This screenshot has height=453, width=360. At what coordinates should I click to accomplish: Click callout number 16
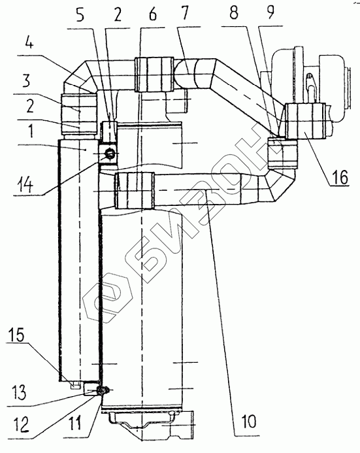pos(340,176)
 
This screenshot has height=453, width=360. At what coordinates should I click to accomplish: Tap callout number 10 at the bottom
pos(248,421)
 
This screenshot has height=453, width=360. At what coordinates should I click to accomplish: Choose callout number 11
pos(74,422)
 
